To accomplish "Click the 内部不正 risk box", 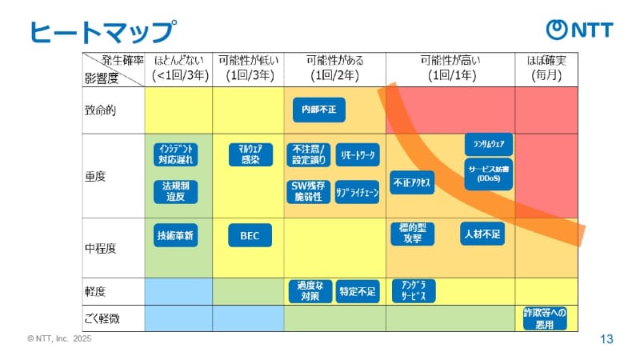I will click(318, 110).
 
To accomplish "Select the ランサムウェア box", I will click(488, 144).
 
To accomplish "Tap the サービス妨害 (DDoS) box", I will click(488, 173).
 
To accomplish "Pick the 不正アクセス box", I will click(413, 182).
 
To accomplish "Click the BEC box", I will click(250, 235).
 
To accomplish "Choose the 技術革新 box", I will click(176, 235).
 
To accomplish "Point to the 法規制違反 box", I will click(176, 191).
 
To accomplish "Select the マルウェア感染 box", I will click(250, 154).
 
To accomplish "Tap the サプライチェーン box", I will click(357, 192).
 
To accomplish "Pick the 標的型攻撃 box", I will click(413, 233).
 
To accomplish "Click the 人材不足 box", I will click(482, 234).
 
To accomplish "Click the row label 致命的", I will click(101, 110).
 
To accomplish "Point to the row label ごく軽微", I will click(105, 318).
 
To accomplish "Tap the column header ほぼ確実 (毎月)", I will click(546, 68).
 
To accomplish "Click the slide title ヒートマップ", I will click(102, 31).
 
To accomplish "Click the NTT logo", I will click(579, 30).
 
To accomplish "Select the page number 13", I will click(606, 339).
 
